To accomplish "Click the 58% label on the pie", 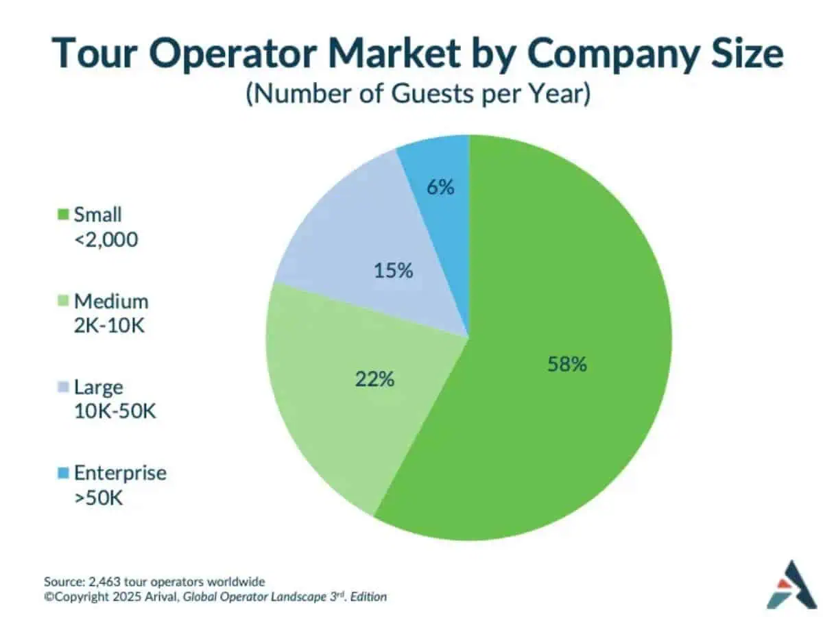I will tap(566, 364).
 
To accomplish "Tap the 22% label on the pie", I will tap(374, 378).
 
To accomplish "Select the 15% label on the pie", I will tap(393, 271).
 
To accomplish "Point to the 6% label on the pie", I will tap(440, 186).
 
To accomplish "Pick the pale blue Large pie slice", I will tap(357, 233).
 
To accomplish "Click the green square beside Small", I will tap(64, 215).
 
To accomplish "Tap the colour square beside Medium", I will tap(64, 302).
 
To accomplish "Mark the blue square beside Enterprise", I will tap(64, 474).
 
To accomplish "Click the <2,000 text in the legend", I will tap(106, 240).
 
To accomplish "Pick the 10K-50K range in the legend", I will tap(116, 413).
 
